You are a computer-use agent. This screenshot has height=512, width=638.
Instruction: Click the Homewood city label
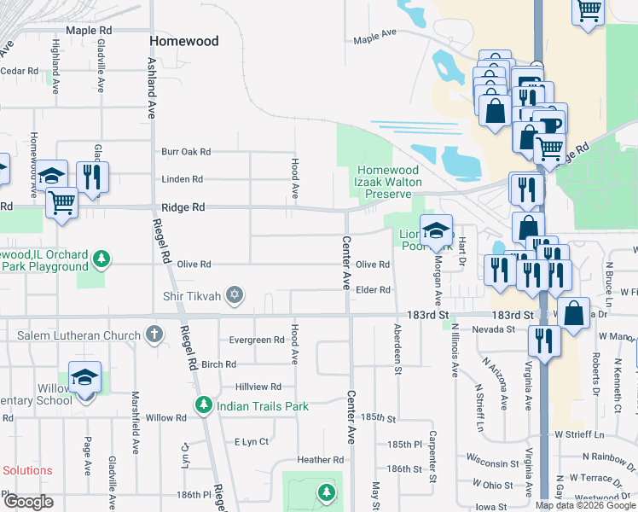click(183, 41)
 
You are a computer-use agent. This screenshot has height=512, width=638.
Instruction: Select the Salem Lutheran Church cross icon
click(154, 335)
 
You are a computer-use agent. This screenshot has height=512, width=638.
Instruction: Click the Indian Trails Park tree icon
click(203, 406)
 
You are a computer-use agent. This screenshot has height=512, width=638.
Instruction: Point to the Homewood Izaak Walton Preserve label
click(389, 181)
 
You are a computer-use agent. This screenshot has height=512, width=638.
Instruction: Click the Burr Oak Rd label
click(186, 152)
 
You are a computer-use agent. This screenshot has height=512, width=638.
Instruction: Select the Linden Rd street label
click(184, 179)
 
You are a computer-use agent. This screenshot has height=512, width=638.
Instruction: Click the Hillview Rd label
click(258, 387)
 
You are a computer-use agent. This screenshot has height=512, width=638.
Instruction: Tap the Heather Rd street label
click(321, 460)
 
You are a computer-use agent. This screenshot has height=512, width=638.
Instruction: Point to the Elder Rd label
click(373, 290)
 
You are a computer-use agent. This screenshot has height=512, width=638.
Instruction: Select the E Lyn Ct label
click(252, 442)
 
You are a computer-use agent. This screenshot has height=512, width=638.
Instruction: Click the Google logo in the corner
click(28, 502)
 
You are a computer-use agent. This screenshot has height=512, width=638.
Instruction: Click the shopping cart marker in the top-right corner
click(588, 12)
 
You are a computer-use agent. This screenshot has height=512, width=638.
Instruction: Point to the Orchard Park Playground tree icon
click(101, 257)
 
